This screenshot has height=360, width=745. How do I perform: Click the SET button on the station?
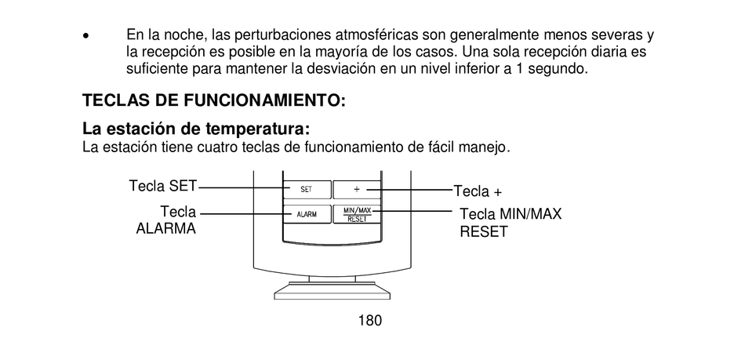pos(307,189)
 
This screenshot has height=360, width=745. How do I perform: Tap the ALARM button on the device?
pos(307,214)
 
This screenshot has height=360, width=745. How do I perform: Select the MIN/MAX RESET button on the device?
pos(357,214)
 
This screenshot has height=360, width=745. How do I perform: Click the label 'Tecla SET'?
pos(162,186)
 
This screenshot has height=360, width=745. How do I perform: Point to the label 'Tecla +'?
pos(478,191)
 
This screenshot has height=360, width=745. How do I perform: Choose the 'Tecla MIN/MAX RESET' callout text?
pos(511,222)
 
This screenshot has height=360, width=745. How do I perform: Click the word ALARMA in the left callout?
pos(165,230)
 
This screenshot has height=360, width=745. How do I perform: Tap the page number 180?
pos(369,320)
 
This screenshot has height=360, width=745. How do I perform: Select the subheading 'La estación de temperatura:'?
pos(196,129)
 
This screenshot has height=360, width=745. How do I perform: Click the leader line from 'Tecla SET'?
pos(239,188)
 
